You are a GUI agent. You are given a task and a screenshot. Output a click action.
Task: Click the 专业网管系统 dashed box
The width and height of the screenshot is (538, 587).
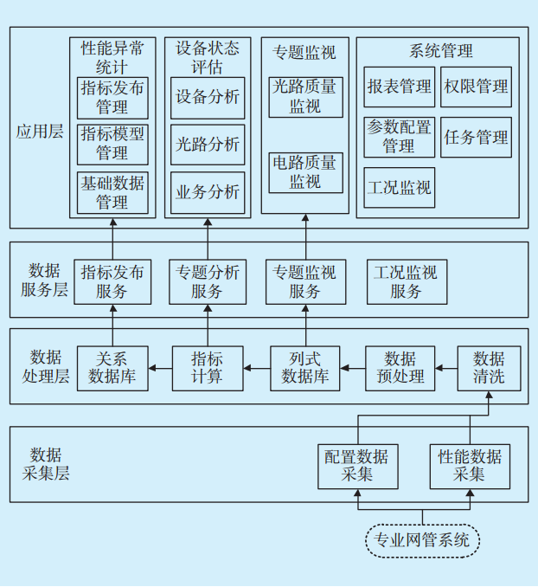(422, 540)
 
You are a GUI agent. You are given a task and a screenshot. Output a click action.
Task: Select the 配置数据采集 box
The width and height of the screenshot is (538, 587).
(356, 466)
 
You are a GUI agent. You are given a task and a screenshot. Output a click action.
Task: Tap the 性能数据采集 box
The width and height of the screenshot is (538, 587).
(470, 466)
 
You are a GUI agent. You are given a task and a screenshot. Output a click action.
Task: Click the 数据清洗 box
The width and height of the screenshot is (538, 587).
(489, 368)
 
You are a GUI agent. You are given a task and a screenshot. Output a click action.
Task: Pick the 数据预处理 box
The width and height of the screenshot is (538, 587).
(400, 368)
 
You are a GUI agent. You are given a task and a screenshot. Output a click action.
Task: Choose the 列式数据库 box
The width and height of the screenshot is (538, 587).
(305, 368)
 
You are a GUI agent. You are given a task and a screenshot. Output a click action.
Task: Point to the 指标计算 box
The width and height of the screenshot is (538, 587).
(207, 368)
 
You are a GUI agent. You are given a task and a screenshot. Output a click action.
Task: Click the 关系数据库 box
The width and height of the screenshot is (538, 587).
(112, 368)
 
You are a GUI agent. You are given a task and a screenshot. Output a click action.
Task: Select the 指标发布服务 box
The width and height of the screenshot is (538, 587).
(112, 281)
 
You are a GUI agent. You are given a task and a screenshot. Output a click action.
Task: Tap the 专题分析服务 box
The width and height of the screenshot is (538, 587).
(207, 281)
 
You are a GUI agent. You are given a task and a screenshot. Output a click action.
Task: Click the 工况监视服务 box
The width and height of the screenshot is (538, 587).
(406, 281)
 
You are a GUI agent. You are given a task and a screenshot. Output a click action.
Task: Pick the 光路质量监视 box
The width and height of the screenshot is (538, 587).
(305, 96)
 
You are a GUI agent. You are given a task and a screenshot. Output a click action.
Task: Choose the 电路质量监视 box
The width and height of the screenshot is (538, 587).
(305, 171)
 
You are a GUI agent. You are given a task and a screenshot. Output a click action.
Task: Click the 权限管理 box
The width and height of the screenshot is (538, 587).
(476, 87)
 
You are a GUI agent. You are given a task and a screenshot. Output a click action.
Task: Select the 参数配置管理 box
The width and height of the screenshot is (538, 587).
(399, 137)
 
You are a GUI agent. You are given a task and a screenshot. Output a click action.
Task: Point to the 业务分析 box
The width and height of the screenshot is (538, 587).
(207, 192)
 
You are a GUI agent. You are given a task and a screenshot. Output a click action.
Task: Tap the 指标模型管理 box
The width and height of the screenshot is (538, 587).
(112, 144)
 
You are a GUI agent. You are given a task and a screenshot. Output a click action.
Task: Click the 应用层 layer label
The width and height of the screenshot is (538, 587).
(39, 132)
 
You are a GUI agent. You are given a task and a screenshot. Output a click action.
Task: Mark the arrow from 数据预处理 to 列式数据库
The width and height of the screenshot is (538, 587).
(352, 368)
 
